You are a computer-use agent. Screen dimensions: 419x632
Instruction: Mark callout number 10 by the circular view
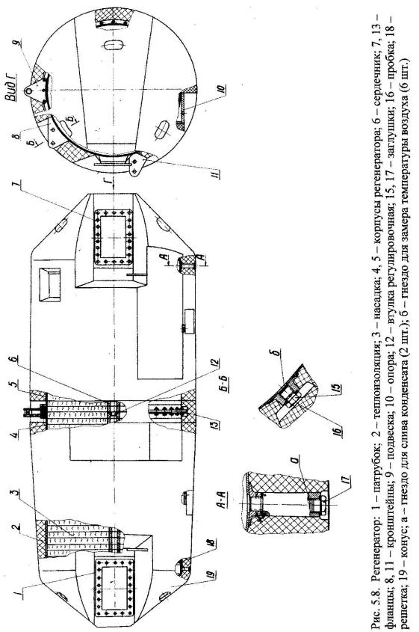click(221, 88)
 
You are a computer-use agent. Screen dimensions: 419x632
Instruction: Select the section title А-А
click(225, 501)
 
